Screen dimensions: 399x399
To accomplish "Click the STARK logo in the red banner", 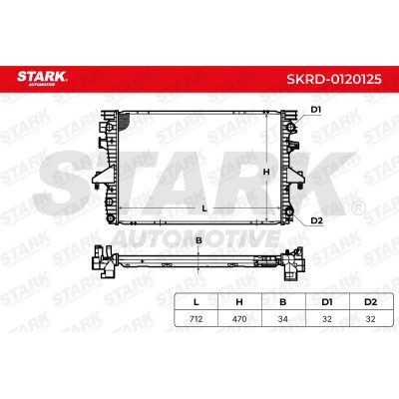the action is [42, 78].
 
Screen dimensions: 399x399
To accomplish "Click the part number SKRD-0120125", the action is [334, 79].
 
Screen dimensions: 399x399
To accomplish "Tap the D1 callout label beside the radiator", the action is [315, 110].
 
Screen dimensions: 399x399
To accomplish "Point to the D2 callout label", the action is [316, 220].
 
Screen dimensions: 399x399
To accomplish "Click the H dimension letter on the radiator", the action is [266, 172].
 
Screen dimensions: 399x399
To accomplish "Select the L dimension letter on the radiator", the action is [204, 208].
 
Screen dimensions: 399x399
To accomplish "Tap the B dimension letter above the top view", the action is [199, 240].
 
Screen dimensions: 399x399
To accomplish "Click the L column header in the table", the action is [197, 302].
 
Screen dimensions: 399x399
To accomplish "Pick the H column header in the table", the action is [239, 302].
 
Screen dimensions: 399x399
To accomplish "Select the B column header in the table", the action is [283, 302].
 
